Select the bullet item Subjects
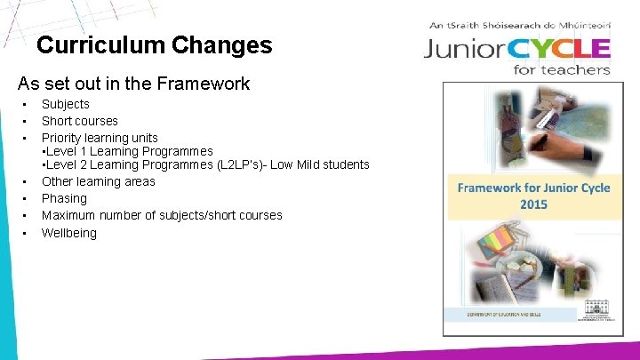65,104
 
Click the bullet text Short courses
79,121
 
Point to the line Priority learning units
99,138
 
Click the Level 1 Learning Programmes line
128,151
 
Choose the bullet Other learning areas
98,181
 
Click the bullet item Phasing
64,198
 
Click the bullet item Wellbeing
68,233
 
